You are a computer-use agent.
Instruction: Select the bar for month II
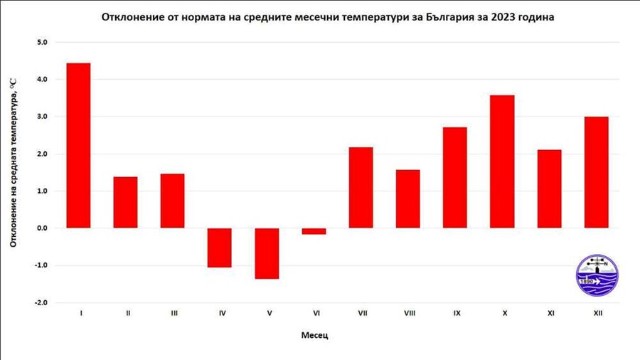pyautogui.click(x=125, y=202)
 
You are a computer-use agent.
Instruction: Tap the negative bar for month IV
pyautogui.click(x=219, y=248)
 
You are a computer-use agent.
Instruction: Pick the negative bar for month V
pyautogui.click(x=267, y=253)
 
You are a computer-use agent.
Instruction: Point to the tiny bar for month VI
pyautogui.click(x=314, y=231)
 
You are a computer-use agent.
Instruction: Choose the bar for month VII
pyautogui.click(x=361, y=187)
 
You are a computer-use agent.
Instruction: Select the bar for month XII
pyautogui.click(x=596, y=172)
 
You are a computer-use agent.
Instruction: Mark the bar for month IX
pyautogui.click(x=455, y=178)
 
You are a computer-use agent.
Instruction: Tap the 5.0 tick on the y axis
pyautogui.click(x=41, y=42)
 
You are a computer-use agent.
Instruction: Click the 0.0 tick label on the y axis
pyautogui.click(x=41, y=228)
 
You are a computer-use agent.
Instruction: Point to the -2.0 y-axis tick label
pyautogui.click(x=40, y=302)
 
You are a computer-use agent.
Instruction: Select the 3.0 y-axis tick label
pyautogui.click(x=41, y=117)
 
